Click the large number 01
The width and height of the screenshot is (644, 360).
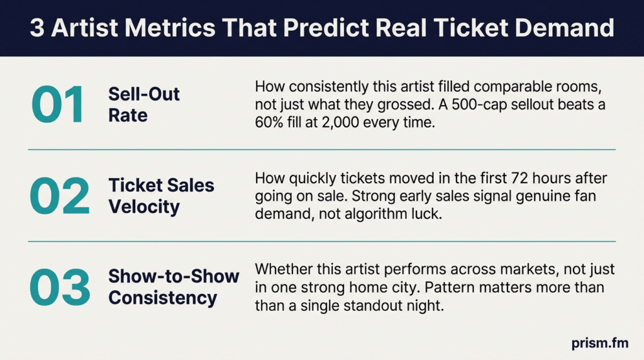tap(57, 104)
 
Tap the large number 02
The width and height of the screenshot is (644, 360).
tap(60, 196)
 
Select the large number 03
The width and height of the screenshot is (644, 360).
tap(60, 287)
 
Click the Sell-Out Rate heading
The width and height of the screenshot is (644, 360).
tap(144, 104)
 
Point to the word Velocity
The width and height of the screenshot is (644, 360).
tap(144, 206)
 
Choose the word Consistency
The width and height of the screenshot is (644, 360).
tap(163, 298)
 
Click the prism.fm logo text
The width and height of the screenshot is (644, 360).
tap(599, 343)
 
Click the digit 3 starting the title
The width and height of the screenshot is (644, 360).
tap(37, 28)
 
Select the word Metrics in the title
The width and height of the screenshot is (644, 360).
tap(170, 28)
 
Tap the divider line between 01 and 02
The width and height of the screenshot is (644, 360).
tap(322, 150)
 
